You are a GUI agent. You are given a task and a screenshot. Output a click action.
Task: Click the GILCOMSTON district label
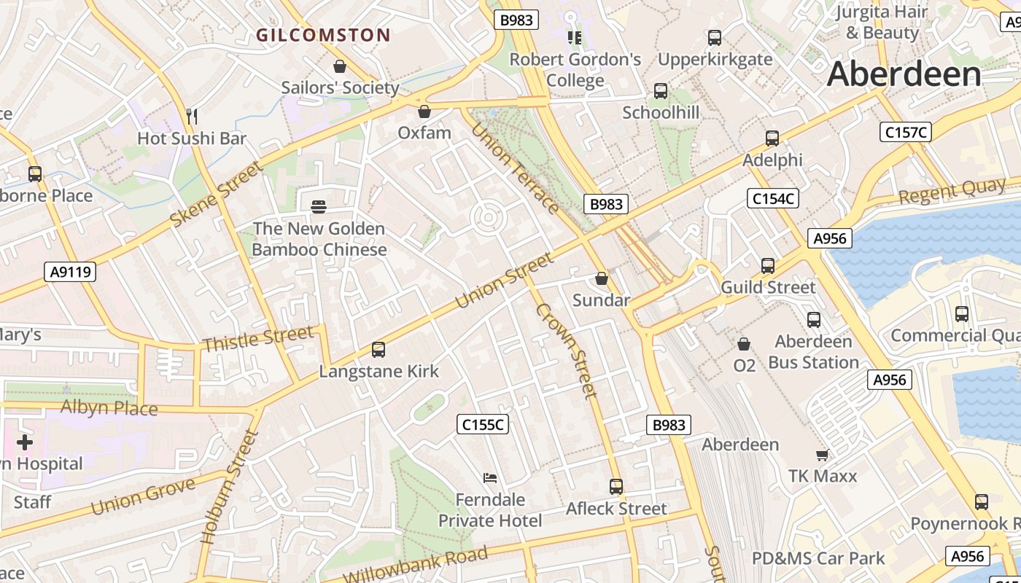[324, 35]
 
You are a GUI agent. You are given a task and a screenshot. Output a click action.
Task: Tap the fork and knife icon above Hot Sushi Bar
[192, 116]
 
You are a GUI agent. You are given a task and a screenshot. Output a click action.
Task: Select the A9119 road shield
[70, 272]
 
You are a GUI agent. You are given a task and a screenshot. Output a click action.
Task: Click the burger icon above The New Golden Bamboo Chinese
[319, 207]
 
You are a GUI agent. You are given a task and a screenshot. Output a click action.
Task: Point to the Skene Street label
[216, 194]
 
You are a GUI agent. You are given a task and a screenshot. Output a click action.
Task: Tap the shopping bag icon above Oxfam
[424, 111]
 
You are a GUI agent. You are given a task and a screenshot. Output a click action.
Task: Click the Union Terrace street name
[516, 168]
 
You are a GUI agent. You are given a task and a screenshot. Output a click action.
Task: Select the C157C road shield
[906, 132]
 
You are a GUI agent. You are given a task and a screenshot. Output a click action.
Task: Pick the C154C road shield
[773, 197]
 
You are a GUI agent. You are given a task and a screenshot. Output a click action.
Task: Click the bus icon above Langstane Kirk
[378, 350]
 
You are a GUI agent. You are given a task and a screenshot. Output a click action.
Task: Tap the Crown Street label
[567, 351]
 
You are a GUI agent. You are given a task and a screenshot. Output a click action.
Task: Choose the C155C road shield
[483, 424]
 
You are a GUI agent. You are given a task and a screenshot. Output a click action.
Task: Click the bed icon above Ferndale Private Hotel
[490, 478]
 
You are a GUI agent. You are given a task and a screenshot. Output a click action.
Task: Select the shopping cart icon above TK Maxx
[822, 455]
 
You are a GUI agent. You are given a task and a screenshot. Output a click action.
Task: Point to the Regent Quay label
[952, 192]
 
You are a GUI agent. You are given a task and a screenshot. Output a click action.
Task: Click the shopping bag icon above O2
[744, 344]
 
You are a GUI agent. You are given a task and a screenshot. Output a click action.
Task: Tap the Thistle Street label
[258, 339]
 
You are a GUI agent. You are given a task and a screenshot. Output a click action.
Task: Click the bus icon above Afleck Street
[616, 487]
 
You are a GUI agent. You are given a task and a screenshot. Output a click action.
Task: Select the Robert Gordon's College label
[575, 70]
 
